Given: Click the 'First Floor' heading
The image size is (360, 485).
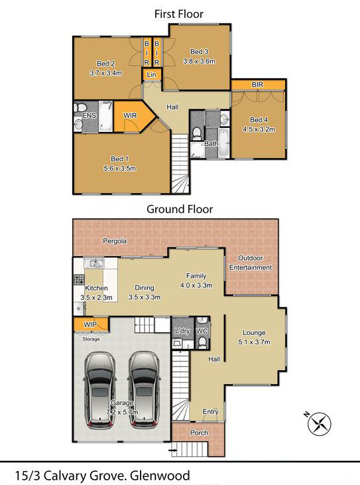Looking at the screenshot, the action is point(178,14).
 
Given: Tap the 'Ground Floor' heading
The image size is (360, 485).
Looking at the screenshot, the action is point(180,209).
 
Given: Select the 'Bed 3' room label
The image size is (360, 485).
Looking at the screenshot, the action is point(199,52).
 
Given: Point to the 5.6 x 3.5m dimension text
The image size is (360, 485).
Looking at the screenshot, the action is point(119,169).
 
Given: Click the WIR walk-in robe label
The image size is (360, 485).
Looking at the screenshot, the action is point(130,115).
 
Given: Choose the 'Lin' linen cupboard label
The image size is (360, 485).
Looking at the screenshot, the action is point(151,74).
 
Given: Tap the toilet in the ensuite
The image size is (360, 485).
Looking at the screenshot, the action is point(80,107).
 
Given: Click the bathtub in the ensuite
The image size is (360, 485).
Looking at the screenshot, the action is point(105,116).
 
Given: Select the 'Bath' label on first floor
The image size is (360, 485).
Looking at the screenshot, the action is point(211,143).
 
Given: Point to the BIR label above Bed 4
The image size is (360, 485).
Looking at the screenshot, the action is point(258,84).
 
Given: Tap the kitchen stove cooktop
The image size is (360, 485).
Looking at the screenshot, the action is point(79,279).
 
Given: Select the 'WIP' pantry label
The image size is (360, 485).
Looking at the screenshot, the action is point(90,325).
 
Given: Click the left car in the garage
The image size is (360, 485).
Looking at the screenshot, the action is point(100,389).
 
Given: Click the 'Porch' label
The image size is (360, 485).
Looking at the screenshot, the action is point(199,433).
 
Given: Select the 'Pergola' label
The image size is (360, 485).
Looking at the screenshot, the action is point(115,241).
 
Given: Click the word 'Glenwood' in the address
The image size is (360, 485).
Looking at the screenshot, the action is point(160,476).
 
